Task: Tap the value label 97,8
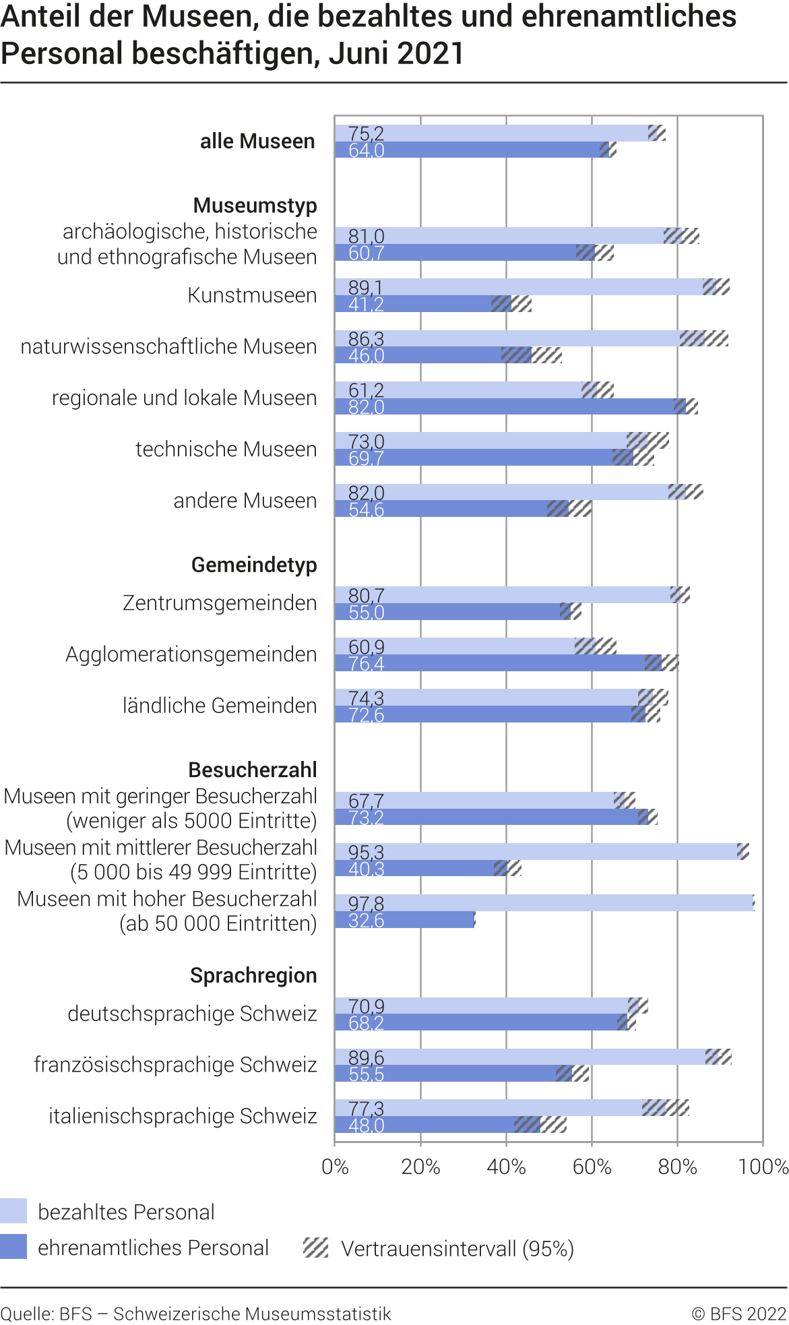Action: (366, 903)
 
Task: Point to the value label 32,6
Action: (366, 920)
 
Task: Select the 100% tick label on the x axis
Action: (763, 1167)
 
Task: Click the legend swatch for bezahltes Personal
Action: (13, 1211)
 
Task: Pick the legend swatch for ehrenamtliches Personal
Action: (13, 1247)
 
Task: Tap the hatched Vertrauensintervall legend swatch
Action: (315, 1247)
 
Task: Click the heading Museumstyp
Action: (255, 205)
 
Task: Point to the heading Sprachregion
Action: (253, 975)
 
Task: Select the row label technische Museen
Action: (226, 449)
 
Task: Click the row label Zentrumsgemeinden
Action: (220, 603)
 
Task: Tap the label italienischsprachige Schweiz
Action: (183, 1116)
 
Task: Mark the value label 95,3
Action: (366, 852)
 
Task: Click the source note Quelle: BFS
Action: (195, 1314)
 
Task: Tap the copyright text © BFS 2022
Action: (738, 1314)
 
